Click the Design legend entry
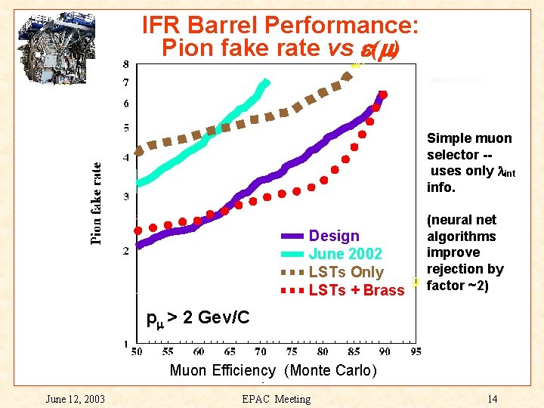click(x=334, y=236)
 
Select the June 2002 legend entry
click(x=345, y=254)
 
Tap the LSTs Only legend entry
click(x=346, y=272)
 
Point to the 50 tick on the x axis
click(x=136, y=351)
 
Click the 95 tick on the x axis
click(x=416, y=351)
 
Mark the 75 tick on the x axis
click(x=291, y=351)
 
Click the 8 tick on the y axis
click(x=125, y=63)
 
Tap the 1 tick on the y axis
click(x=125, y=345)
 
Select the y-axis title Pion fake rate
click(x=97, y=203)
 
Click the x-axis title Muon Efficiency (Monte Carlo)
click(x=273, y=370)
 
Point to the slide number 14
click(x=492, y=399)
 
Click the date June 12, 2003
click(x=75, y=399)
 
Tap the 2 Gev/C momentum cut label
click(x=197, y=318)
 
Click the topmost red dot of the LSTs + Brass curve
click(x=383, y=94)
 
